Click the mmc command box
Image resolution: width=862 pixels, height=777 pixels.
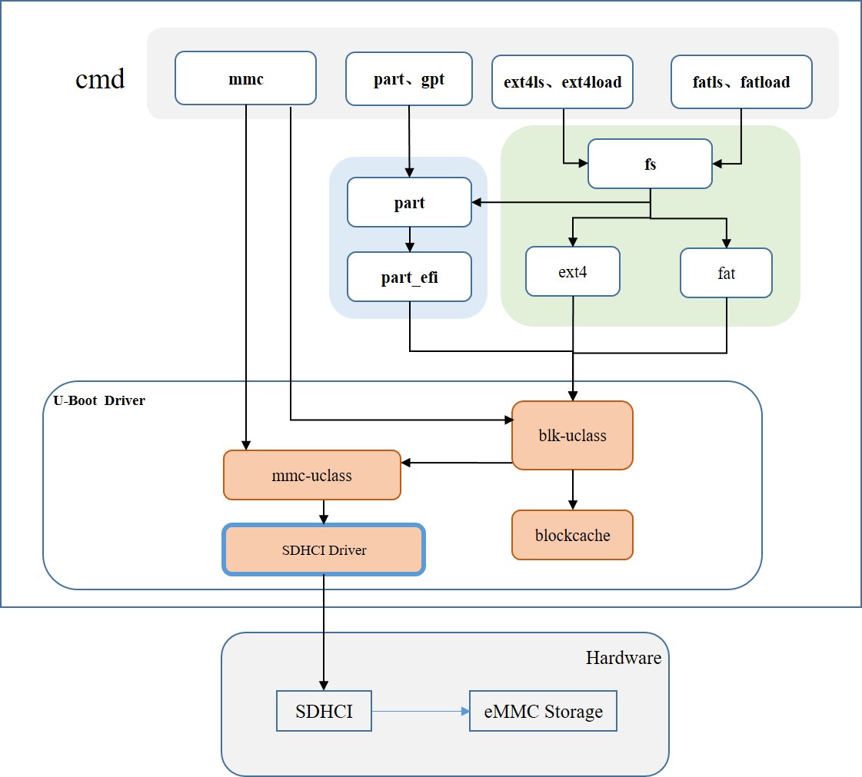click(245, 78)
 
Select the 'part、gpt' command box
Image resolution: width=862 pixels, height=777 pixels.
click(408, 78)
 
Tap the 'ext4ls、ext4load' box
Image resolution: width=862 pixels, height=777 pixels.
click(562, 81)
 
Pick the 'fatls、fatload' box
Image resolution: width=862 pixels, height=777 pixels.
click(741, 81)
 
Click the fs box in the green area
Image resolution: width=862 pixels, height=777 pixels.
click(650, 164)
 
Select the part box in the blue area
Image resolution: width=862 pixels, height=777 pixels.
click(409, 202)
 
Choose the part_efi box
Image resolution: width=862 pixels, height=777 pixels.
click(409, 277)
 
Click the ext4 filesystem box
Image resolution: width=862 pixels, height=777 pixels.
click(573, 271)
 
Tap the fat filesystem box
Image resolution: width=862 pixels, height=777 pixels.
click(726, 273)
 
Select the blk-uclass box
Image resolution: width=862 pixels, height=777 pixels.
click(572, 435)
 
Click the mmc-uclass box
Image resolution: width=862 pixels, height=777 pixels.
click(311, 475)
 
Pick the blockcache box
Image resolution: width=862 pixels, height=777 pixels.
click(572, 535)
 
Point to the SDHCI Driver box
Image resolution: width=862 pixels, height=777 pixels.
click(324, 550)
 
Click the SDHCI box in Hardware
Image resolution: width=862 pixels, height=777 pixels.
click(324, 711)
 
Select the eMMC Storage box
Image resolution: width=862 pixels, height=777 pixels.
click(543, 711)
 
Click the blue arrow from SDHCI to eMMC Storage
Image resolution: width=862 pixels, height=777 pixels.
click(420, 711)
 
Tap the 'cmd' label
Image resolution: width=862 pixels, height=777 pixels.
click(100, 78)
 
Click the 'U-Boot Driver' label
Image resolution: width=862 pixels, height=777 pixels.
click(99, 400)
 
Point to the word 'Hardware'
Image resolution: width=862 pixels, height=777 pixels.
click(623, 657)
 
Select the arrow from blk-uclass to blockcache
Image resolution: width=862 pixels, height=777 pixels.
click(572, 490)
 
